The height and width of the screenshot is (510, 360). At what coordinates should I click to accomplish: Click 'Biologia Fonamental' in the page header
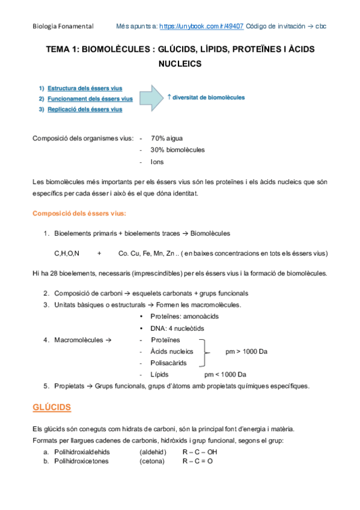(x=63, y=26)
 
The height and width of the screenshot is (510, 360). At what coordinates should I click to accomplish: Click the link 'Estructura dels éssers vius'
(x=85, y=88)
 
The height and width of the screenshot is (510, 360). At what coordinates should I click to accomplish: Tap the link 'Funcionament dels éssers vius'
(x=90, y=98)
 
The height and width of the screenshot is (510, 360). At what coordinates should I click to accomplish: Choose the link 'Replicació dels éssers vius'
(x=85, y=109)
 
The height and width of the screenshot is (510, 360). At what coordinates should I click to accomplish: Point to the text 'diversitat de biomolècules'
(x=209, y=97)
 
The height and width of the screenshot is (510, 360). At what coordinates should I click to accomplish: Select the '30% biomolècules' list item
(x=177, y=150)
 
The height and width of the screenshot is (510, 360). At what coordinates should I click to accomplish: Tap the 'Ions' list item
(x=157, y=161)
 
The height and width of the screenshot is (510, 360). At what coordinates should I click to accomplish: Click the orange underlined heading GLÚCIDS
(x=52, y=408)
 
